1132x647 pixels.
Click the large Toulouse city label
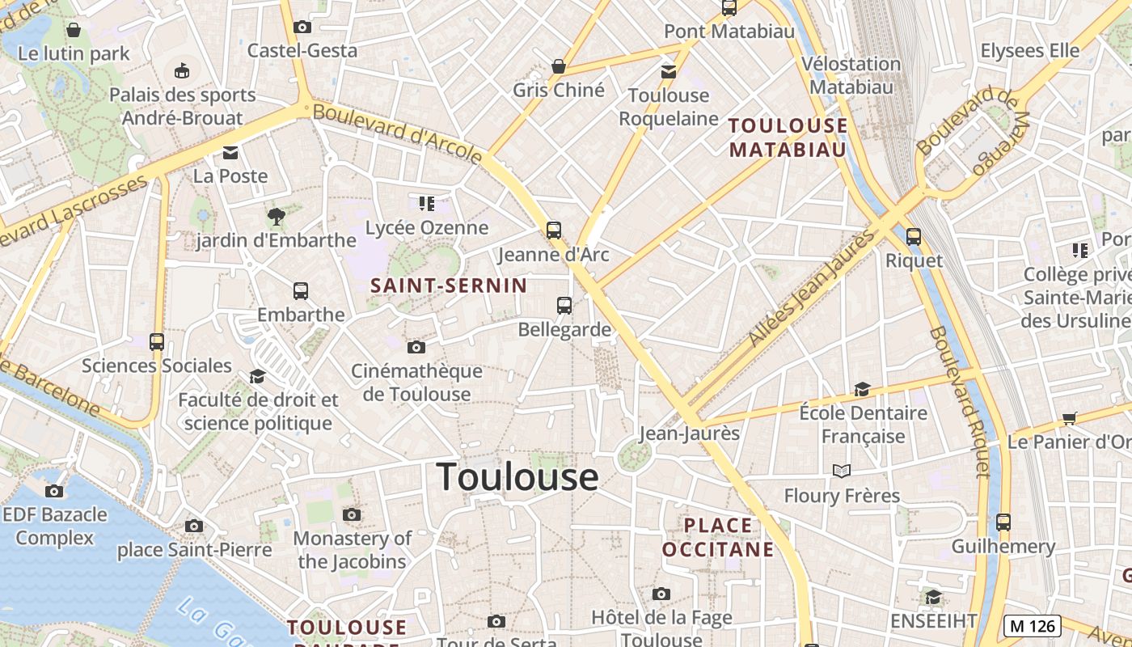(517, 477)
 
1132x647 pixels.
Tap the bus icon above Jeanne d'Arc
(554, 230)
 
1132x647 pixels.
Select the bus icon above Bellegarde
(564, 306)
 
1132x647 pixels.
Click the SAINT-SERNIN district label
(449, 285)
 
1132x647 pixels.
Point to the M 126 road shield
(1033, 626)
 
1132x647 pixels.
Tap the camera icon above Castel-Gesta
(302, 27)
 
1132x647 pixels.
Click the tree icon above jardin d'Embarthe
(276, 217)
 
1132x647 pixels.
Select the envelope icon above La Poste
(230, 153)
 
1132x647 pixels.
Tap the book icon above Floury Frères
(842, 471)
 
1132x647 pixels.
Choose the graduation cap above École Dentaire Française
(862, 389)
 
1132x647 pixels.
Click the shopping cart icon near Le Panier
(1070, 418)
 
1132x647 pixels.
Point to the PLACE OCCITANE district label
(718, 538)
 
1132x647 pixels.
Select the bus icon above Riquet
(914, 237)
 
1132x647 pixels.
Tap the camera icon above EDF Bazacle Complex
(54, 491)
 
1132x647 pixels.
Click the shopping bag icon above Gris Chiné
(558, 66)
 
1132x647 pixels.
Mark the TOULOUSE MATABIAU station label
(788, 137)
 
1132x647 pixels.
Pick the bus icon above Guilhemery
(1003, 522)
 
